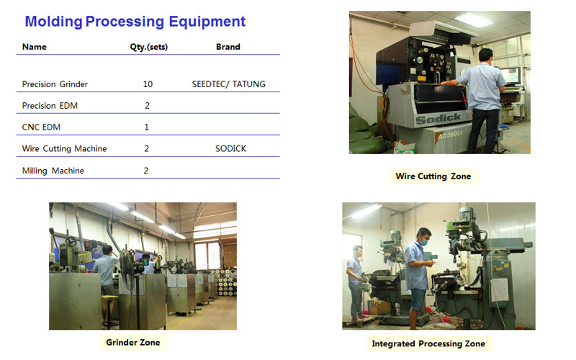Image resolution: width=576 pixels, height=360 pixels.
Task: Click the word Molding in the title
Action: click(53, 22)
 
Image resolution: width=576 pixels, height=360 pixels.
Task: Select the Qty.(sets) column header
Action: click(149, 47)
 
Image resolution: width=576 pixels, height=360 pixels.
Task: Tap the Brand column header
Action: click(228, 47)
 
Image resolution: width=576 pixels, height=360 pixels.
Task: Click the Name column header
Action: click(34, 47)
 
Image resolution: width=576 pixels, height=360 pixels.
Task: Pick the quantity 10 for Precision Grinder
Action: click(148, 84)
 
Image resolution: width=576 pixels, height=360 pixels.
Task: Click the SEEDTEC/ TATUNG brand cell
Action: click(228, 84)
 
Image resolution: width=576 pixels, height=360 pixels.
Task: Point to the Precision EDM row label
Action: click(50, 106)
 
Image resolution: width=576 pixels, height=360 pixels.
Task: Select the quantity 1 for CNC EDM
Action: click(147, 127)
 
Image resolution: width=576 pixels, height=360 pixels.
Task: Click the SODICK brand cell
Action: click(230, 148)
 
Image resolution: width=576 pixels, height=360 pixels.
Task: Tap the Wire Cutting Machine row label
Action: click(64, 149)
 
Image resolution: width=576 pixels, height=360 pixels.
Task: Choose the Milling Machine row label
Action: click(53, 171)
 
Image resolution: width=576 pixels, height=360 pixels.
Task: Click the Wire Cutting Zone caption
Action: click(433, 176)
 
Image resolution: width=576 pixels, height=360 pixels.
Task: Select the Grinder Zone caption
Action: click(133, 343)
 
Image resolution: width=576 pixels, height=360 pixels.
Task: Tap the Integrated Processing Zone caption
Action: click(428, 344)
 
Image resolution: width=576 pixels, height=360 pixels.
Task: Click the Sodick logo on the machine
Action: click(438, 119)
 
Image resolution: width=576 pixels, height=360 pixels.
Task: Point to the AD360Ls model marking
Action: click(449, 135)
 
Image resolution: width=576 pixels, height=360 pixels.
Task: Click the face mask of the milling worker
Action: click(424, 242)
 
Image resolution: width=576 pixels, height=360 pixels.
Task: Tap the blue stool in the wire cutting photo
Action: click(503, 128)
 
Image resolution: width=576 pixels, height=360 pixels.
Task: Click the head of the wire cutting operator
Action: click(485, 55)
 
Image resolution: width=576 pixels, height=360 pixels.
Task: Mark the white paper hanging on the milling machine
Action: click(500, 290)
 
